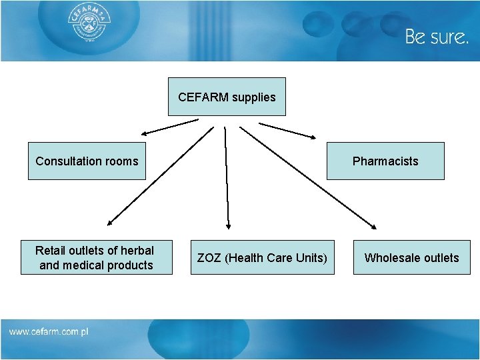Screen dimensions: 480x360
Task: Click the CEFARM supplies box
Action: [227, 97]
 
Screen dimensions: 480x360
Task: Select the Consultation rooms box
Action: [87, 161]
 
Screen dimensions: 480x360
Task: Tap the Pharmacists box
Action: [385, 161]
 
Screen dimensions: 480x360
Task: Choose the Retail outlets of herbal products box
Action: [96, 257]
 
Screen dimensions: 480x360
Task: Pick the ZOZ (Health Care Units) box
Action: [262, 257]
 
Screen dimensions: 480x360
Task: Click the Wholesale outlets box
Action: [411, 257]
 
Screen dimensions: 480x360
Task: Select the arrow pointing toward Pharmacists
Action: [287, 130]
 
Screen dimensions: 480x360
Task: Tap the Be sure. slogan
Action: [437, 37]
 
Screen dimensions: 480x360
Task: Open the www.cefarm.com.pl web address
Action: [49, 331]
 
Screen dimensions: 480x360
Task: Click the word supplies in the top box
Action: [254, 97]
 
